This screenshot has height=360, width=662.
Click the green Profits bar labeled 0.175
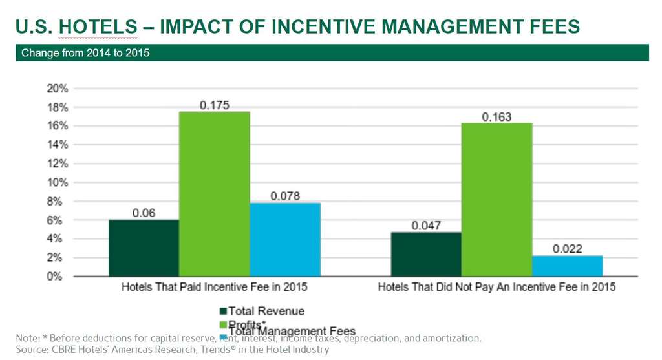[x=215, y=194]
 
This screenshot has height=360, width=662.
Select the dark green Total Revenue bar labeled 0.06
[x=144, y=248]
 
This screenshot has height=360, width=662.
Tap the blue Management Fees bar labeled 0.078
[x=285, y=240]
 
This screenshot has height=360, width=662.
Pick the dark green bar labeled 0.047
[x=426, y=254]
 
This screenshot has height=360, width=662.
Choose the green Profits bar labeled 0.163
[x=496, y=200]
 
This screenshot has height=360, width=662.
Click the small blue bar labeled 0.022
[x=567, y=266]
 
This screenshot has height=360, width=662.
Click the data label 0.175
[x=215, y=105]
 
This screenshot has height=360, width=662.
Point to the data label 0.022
[x=567, y=248]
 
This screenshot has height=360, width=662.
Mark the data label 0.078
[x=285, y=196]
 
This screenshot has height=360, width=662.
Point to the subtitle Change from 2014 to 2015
[x=85, y=53]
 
